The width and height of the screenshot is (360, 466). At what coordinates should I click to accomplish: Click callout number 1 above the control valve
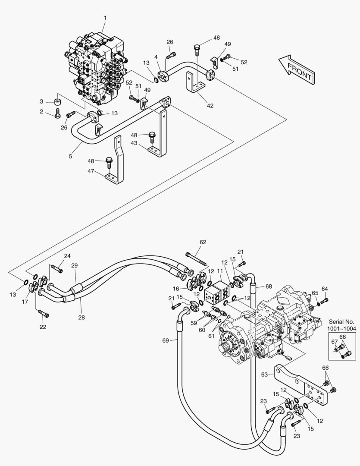click(105, 18)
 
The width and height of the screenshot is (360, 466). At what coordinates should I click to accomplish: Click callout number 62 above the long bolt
click(203, 242)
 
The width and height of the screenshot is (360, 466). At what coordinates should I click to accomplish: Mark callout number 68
click(268, 286)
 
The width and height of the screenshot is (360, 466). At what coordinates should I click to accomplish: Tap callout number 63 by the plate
click(264, 375)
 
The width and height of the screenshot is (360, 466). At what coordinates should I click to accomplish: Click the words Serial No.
click(341, 322)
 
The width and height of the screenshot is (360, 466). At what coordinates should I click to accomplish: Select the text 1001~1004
click(341, 329)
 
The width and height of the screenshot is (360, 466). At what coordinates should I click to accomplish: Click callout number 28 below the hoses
click(81, 317)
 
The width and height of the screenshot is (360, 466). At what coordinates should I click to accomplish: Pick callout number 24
click(67, 256)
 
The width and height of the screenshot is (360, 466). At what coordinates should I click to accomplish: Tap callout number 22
click(43, 327)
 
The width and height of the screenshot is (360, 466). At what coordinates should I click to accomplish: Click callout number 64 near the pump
click(325, 289)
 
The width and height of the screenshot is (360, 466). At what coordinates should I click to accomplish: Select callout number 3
click(42, 102)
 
